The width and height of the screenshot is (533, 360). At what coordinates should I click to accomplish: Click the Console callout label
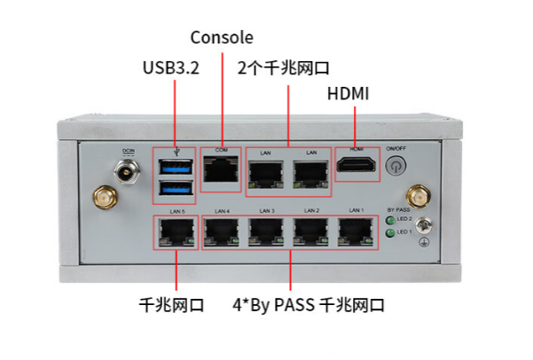coord(222,37)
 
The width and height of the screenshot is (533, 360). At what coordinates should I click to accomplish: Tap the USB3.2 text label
coord(170,68)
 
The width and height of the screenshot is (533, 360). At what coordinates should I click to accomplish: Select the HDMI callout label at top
coord(349,94)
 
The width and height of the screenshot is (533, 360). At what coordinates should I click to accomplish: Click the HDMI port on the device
coord(357,166)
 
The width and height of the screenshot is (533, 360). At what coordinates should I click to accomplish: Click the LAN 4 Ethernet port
coord(221,231)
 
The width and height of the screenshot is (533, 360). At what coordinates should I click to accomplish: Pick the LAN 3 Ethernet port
coord(266,231)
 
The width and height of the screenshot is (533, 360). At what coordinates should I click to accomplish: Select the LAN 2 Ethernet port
coord(310,231)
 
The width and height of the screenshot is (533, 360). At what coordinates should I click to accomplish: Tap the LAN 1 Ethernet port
coord(356,231)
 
